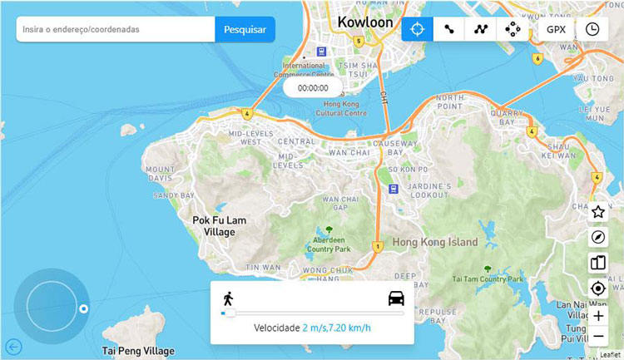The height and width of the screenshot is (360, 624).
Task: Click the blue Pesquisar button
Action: [245, 29]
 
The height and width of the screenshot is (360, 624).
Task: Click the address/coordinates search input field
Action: [116, 29]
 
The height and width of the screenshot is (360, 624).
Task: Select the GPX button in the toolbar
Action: [556, 29]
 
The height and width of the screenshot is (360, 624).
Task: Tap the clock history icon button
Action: [592, 29]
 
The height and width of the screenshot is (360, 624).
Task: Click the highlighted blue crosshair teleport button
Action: [417, 29]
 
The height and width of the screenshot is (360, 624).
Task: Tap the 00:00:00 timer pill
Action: [313, 87]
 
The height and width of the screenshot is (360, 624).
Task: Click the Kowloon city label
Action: [365, 22]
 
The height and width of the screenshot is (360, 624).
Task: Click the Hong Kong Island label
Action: [435, 243]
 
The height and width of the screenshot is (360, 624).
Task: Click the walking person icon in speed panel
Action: [228, 298]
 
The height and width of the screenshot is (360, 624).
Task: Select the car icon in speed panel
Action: [396, 298]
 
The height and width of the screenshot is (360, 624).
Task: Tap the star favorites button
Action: [597, 211]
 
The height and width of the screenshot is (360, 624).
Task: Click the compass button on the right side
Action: [597, 237]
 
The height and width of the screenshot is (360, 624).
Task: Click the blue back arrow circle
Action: [13, 347]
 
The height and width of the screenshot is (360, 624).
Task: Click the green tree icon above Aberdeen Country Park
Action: [329, 229]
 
